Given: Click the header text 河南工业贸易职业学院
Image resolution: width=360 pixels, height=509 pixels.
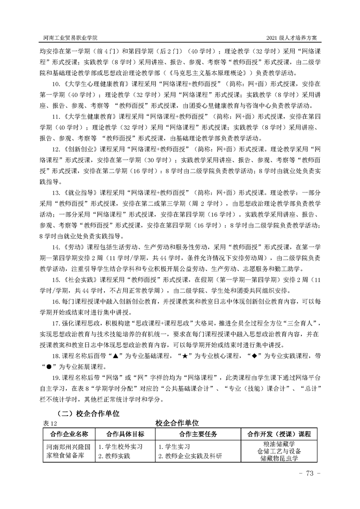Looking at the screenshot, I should pyautogui.click(x=69, y=36).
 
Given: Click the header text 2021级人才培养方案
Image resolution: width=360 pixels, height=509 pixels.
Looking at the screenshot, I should pyautogui.click(x=295, y=36).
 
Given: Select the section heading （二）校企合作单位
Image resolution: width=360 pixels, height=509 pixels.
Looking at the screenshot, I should pyautogui.click(x=88, y=413).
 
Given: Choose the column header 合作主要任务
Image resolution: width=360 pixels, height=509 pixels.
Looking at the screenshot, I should pyautogui.click(x=195, y=434).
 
